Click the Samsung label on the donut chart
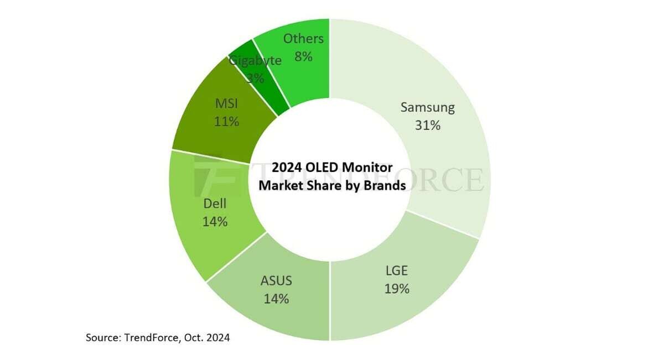[427, 107]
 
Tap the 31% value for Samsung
[427, 126]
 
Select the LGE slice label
[397, 270]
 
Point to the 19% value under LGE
[397, 288]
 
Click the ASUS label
[276, 281]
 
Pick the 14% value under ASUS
[276, 299]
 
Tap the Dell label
[215, 204]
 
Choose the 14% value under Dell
[215, 222]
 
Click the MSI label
[226, 103]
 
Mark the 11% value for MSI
[226, 122]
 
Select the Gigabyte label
[255, 60]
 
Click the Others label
[303, 39]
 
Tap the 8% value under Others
[303, 56]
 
